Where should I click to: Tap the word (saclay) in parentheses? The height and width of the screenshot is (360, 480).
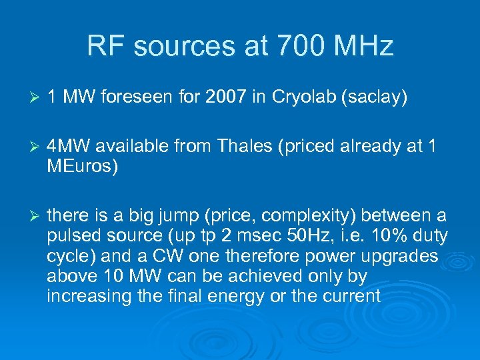373,98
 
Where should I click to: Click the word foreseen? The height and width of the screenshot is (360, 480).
135,98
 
